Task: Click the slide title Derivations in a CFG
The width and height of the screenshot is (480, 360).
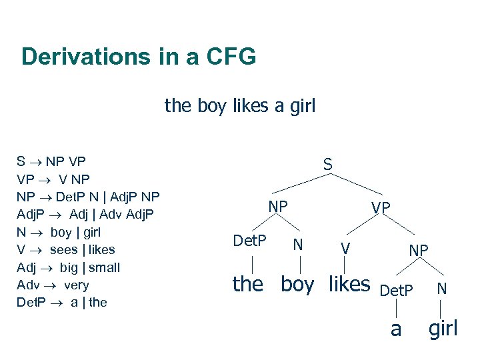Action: tap(138, 57)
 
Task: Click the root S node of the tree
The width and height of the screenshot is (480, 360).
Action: tap(328, 163)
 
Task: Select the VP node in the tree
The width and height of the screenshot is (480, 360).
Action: tap(381, 208)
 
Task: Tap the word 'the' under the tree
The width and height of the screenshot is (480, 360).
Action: tap(247, 284)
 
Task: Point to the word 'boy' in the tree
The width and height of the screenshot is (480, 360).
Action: tap(297, 285)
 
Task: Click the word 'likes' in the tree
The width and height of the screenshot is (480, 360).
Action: tap(349, 284)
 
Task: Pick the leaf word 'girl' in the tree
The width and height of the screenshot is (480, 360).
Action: tap(443, 328)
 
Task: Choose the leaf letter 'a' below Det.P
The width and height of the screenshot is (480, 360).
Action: tap(396, 329)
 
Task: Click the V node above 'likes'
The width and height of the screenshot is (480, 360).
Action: tap(345, 249)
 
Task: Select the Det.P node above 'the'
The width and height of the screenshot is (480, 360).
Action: tap(250, 240)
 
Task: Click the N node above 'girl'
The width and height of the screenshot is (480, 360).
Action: tap(441, 289)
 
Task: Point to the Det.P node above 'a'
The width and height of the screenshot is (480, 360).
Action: tap(397, 291)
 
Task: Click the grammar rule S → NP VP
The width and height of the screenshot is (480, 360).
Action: tap(51, 161)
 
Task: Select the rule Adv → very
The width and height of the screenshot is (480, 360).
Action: tap(53, 285)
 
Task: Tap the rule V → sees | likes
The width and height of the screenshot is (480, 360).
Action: tap(65, 249)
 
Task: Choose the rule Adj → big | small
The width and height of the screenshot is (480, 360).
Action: tap(68, 267)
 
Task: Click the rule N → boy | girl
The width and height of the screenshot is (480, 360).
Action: tap(58, 232)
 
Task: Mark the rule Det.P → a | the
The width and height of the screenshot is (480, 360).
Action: tap(61, 302)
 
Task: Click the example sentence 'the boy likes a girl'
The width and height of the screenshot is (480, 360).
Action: tap(240, 105)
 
